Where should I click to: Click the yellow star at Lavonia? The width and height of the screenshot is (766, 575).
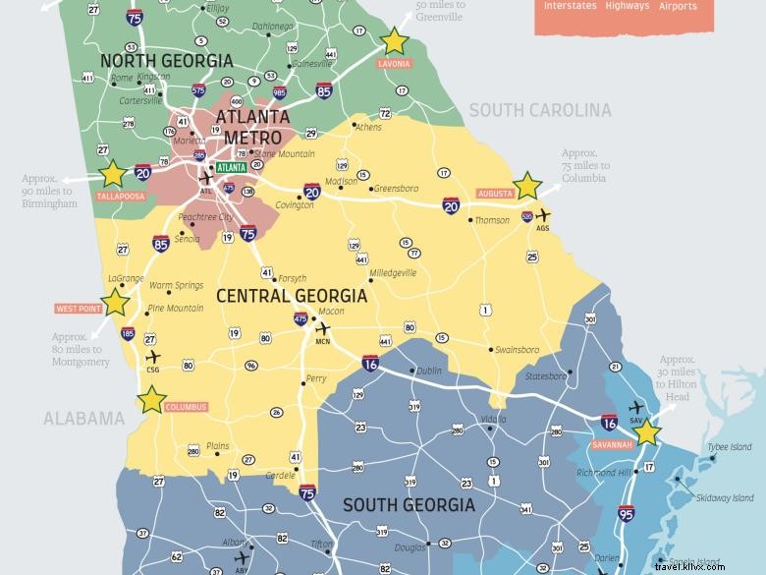394,40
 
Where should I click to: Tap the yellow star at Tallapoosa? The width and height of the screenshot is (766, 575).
113,174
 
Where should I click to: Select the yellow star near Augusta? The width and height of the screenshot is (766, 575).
527,185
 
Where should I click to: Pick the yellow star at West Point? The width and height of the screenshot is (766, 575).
116,301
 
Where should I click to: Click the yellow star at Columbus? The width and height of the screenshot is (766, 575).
151,399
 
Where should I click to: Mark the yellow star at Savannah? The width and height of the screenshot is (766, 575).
648,432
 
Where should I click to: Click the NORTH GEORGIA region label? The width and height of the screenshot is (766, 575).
167,61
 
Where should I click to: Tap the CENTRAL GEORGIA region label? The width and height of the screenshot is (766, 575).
291,296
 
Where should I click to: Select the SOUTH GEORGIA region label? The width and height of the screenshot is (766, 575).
408,505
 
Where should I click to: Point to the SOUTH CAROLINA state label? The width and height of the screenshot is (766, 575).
539,110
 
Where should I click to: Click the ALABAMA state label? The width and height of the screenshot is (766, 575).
83,419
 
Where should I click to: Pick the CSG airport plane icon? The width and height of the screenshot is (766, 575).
151,357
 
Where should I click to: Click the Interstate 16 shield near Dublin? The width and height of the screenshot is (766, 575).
370,363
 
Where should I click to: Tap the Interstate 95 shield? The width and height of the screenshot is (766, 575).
626,511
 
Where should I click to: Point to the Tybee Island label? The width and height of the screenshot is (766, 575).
731,447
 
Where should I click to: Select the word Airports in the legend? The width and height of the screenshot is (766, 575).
678,6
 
